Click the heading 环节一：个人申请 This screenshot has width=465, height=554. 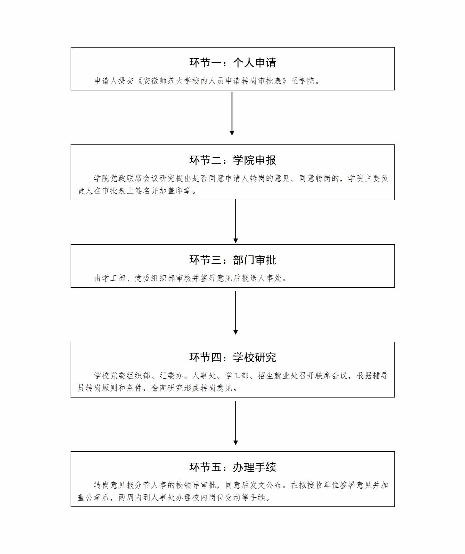point(232,63)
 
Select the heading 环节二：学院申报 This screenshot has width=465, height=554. point(232,160)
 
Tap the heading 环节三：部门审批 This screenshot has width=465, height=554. point(232,260)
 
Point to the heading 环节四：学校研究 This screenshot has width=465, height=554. point(232,357)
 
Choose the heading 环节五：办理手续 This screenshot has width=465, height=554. point(232,467)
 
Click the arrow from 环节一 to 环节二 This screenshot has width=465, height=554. point(232,114)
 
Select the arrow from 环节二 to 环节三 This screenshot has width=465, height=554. point(235,221)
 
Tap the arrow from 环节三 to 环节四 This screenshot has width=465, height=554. point(235,313)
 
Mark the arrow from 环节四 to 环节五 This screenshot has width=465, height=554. point(235,423)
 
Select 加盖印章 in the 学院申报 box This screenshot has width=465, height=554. point(176,191)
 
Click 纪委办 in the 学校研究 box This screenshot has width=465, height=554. point(172,375)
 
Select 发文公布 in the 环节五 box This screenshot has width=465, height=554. point(266,485)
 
